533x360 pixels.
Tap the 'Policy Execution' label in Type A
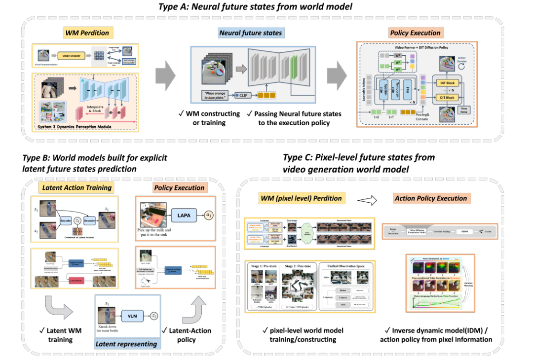415,33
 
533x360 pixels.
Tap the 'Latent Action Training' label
76,187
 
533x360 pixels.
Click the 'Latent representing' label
127,344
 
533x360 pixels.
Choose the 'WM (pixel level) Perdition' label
301,198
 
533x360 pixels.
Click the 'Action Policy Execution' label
430,198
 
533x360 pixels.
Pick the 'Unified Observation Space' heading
345,266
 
